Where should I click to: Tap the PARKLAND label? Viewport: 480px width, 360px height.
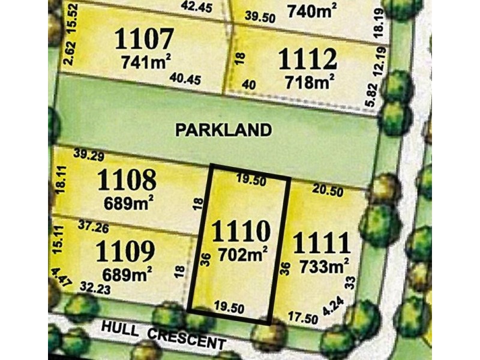pos(224,129)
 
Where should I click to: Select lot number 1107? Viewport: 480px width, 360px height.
pos(144,40)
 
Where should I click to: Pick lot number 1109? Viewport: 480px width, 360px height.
pos(125,251)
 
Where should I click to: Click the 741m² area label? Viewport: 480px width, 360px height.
pos(146,62)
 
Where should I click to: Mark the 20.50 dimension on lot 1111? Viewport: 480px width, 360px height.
pos(328,191)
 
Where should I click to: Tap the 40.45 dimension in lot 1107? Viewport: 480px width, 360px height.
pos(184,77)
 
